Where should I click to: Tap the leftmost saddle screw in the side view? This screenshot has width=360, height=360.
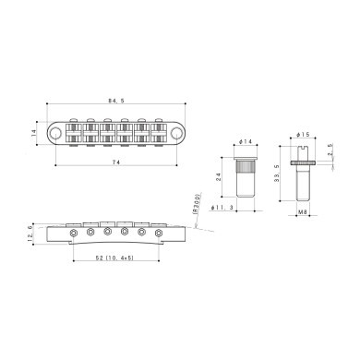point(74,233)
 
